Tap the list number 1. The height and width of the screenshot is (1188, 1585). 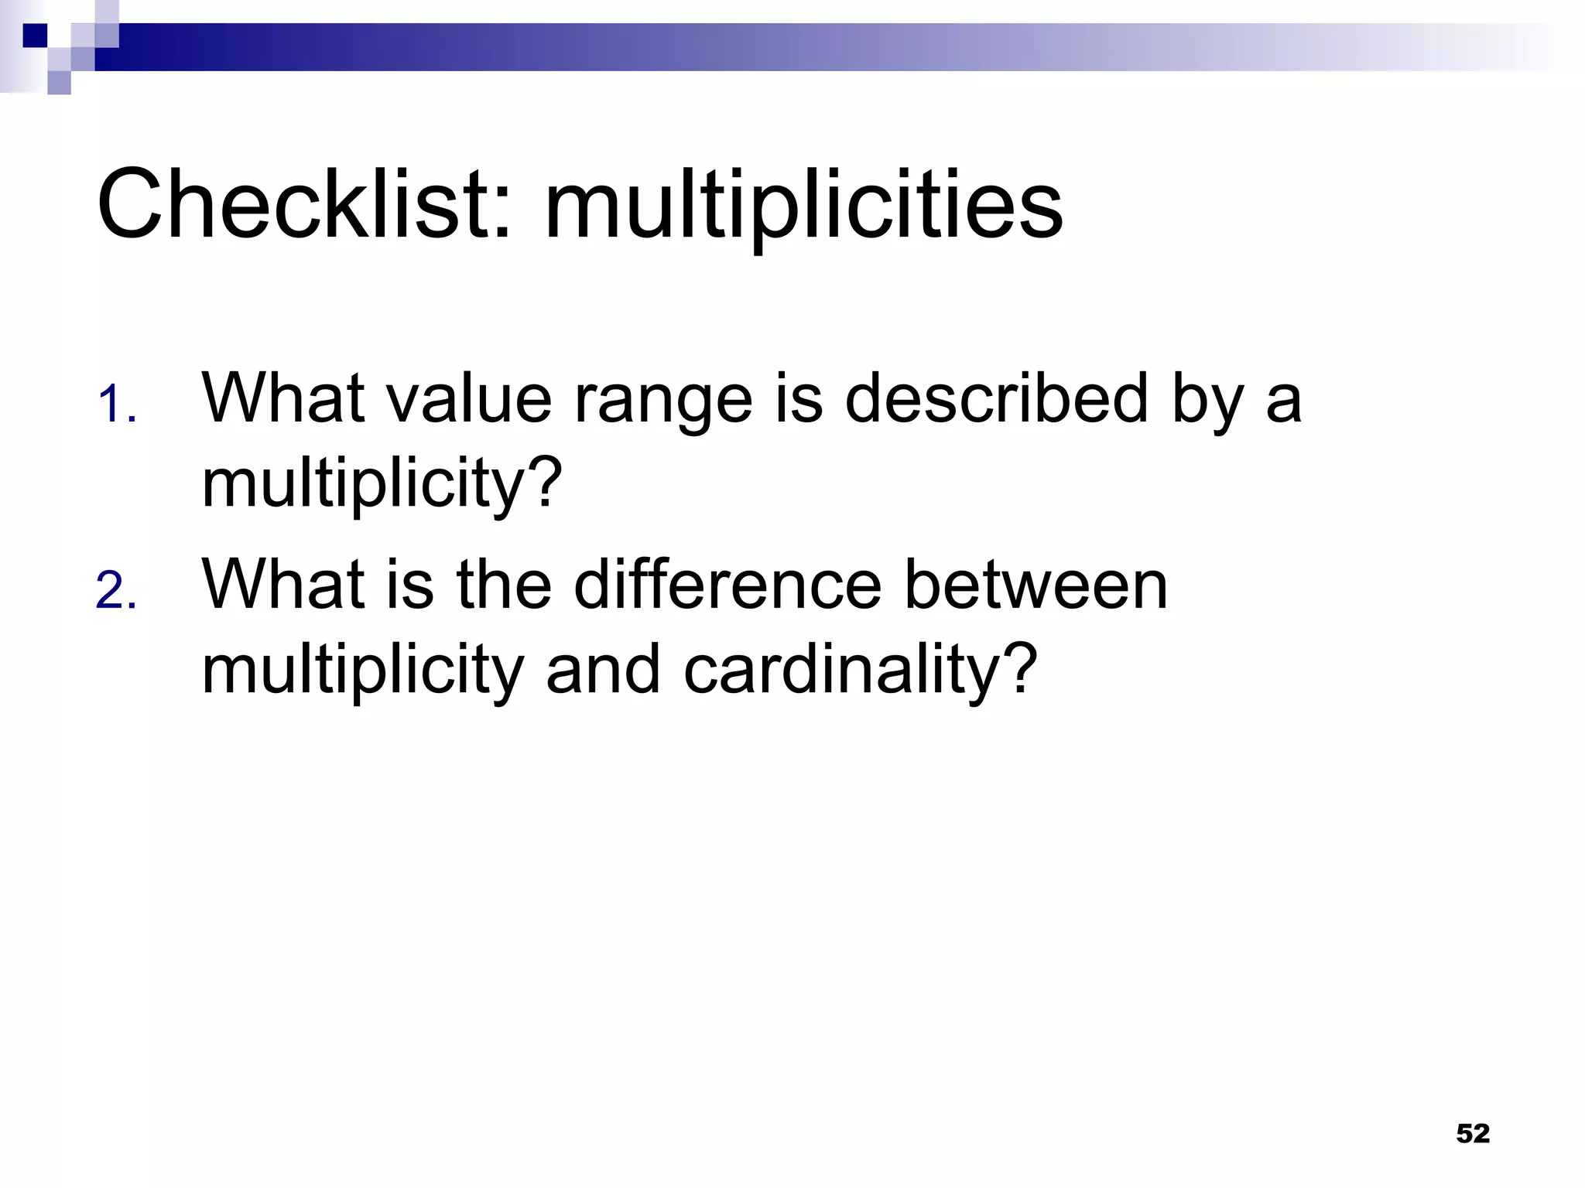click(116, 405)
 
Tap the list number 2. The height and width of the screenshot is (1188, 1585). click(116, 591)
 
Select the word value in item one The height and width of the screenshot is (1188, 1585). click(469, 399)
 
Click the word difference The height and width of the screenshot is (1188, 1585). click(727, 585)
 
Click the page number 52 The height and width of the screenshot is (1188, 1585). click(1472, 1133)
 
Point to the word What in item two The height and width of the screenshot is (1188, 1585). click(283, 585)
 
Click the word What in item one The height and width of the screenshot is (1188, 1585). click(283, 399)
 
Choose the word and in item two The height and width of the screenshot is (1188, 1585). click(603, 670)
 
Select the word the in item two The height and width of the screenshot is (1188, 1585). click(504, 585)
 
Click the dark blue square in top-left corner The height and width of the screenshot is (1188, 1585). click(35, 36)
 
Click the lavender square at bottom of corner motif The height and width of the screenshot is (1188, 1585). click(59, 82)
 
